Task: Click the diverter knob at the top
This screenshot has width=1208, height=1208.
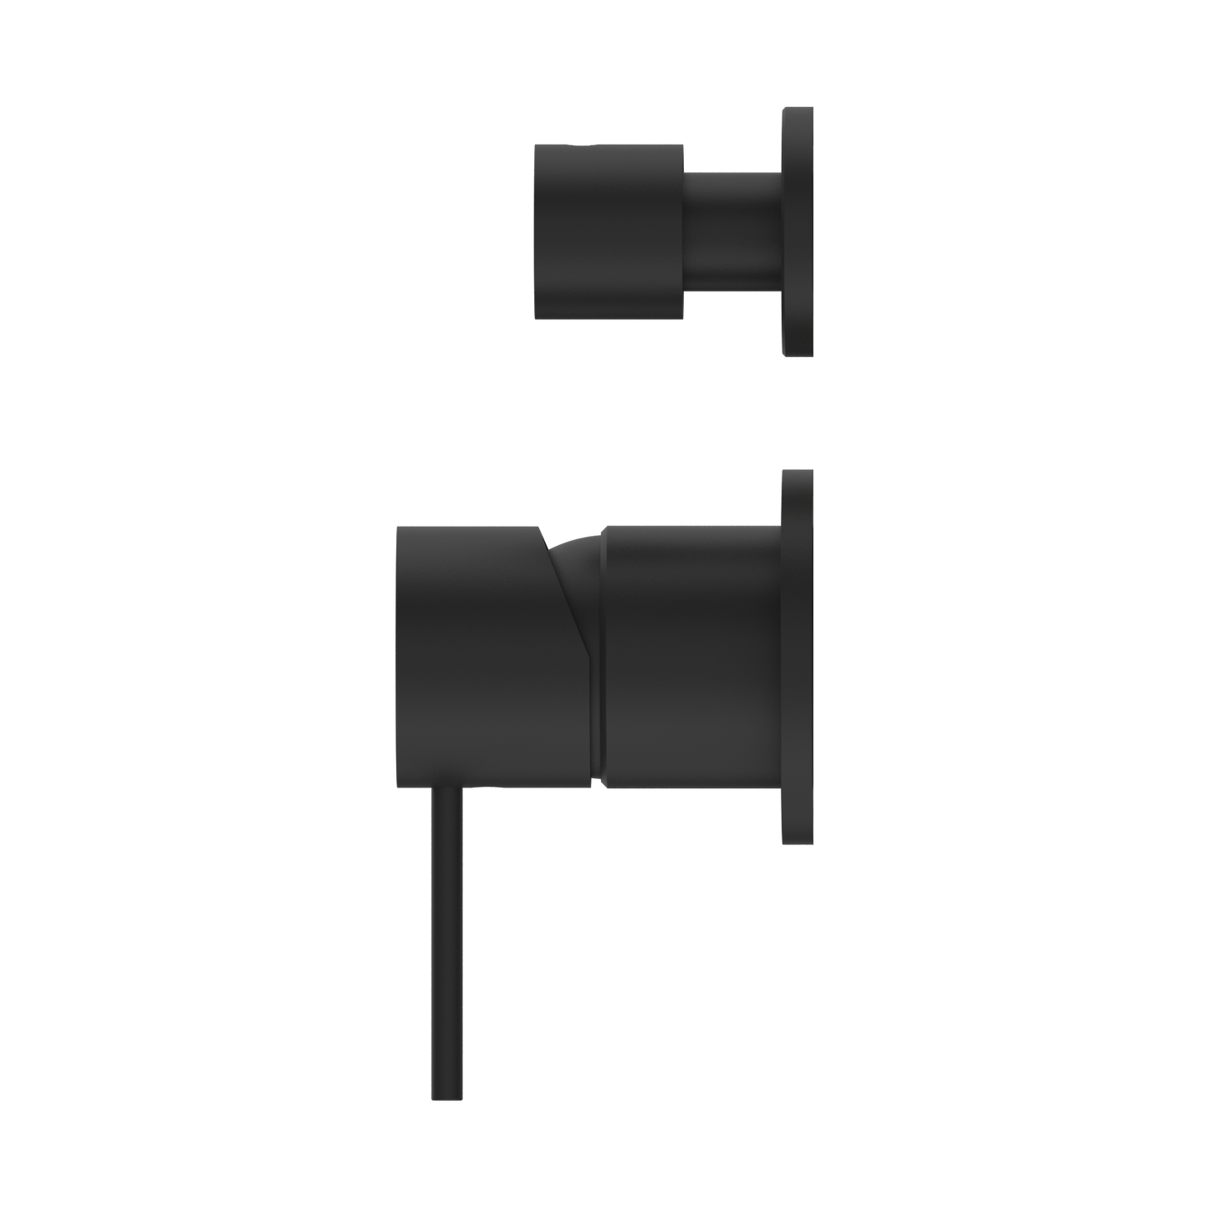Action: [x=609, y=231]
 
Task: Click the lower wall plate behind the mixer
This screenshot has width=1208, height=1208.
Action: [x=797, y=657]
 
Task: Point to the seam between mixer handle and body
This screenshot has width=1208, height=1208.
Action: [x=599, y=711]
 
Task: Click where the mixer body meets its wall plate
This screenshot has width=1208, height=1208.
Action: [x=781, y=657]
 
